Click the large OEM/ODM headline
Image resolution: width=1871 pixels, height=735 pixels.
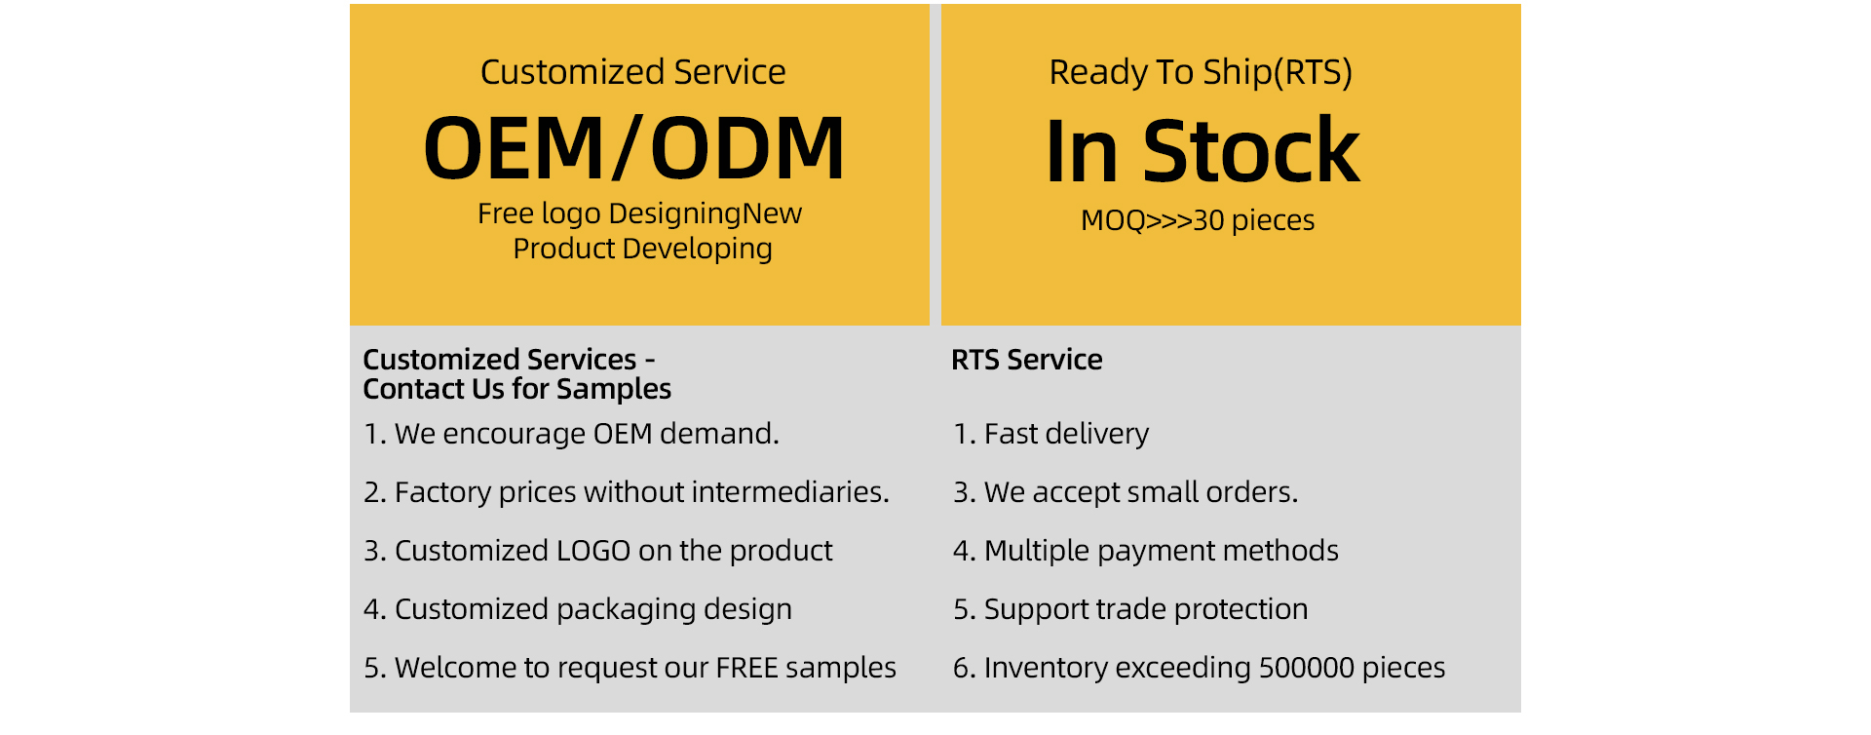(633, 148)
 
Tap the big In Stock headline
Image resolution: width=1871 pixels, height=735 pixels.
(1203, 150)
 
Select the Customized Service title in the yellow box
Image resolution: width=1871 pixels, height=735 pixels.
(633, 72)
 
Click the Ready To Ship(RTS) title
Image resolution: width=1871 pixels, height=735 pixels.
(1201, 73)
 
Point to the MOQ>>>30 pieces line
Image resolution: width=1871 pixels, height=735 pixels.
(1198, 220)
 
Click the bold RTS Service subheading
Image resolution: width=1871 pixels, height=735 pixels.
(1027, 360)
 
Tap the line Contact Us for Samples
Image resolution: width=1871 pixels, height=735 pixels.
(517, 389)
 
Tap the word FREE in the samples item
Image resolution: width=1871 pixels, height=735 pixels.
(747, 668)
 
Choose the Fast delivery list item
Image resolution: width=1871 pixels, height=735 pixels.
(1051, 434)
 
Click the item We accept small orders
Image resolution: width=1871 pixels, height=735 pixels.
(1126, 492)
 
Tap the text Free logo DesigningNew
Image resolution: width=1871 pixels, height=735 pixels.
(639, 214)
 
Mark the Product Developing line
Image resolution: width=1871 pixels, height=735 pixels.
(643, 250)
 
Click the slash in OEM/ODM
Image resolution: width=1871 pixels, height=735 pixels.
(628, 149)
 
